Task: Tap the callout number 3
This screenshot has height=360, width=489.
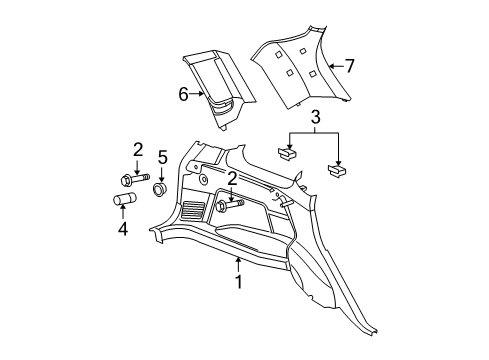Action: point(315,122)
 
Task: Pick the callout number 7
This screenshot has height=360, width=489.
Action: point(350,67)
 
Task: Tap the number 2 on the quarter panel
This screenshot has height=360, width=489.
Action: point(233,178)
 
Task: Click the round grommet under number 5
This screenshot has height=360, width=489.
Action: point(158,188)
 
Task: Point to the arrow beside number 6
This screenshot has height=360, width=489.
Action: point(198,95)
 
